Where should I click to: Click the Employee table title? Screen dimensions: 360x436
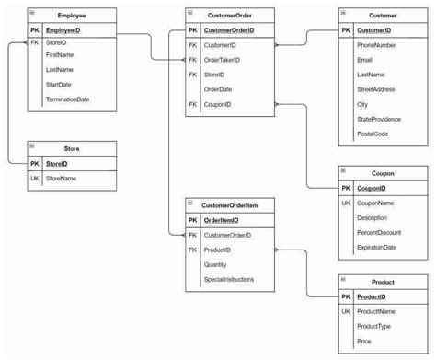73,16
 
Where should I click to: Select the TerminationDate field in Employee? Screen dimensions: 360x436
67,99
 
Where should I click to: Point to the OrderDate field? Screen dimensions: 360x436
218,89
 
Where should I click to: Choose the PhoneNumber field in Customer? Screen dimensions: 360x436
377,45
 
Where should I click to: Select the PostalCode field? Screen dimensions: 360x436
373,134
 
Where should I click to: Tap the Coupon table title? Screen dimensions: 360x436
384,173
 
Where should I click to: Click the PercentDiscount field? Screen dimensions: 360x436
379,232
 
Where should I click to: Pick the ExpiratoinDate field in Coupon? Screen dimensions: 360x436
377,247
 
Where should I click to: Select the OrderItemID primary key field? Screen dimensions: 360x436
222,220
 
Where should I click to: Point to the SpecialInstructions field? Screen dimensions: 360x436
229,279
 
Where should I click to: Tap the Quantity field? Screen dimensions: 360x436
216,264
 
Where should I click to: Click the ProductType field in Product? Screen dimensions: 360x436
374,327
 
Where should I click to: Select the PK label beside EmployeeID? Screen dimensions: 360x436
34,29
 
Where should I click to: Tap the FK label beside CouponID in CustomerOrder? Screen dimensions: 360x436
192,104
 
